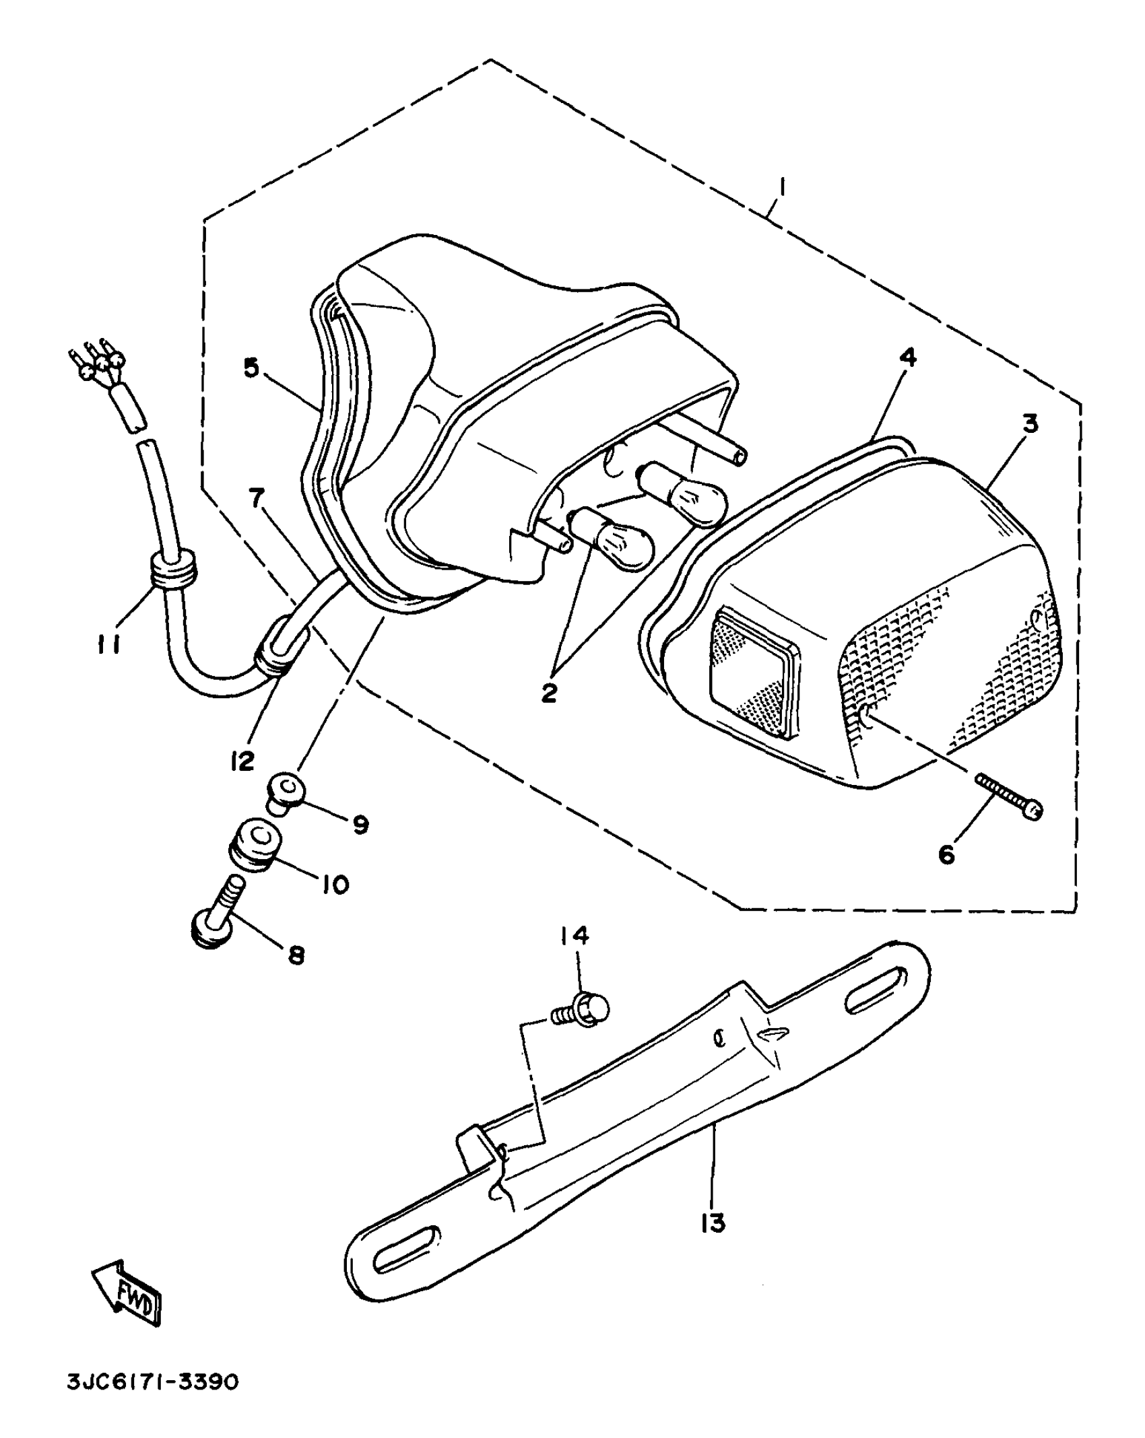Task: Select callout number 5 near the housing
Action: pyautogui.click(x=251, y=369)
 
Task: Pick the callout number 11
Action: pyautogui.click(x=108, y=645)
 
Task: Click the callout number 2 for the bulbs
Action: pyautogui.click(x=550, y=692)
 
